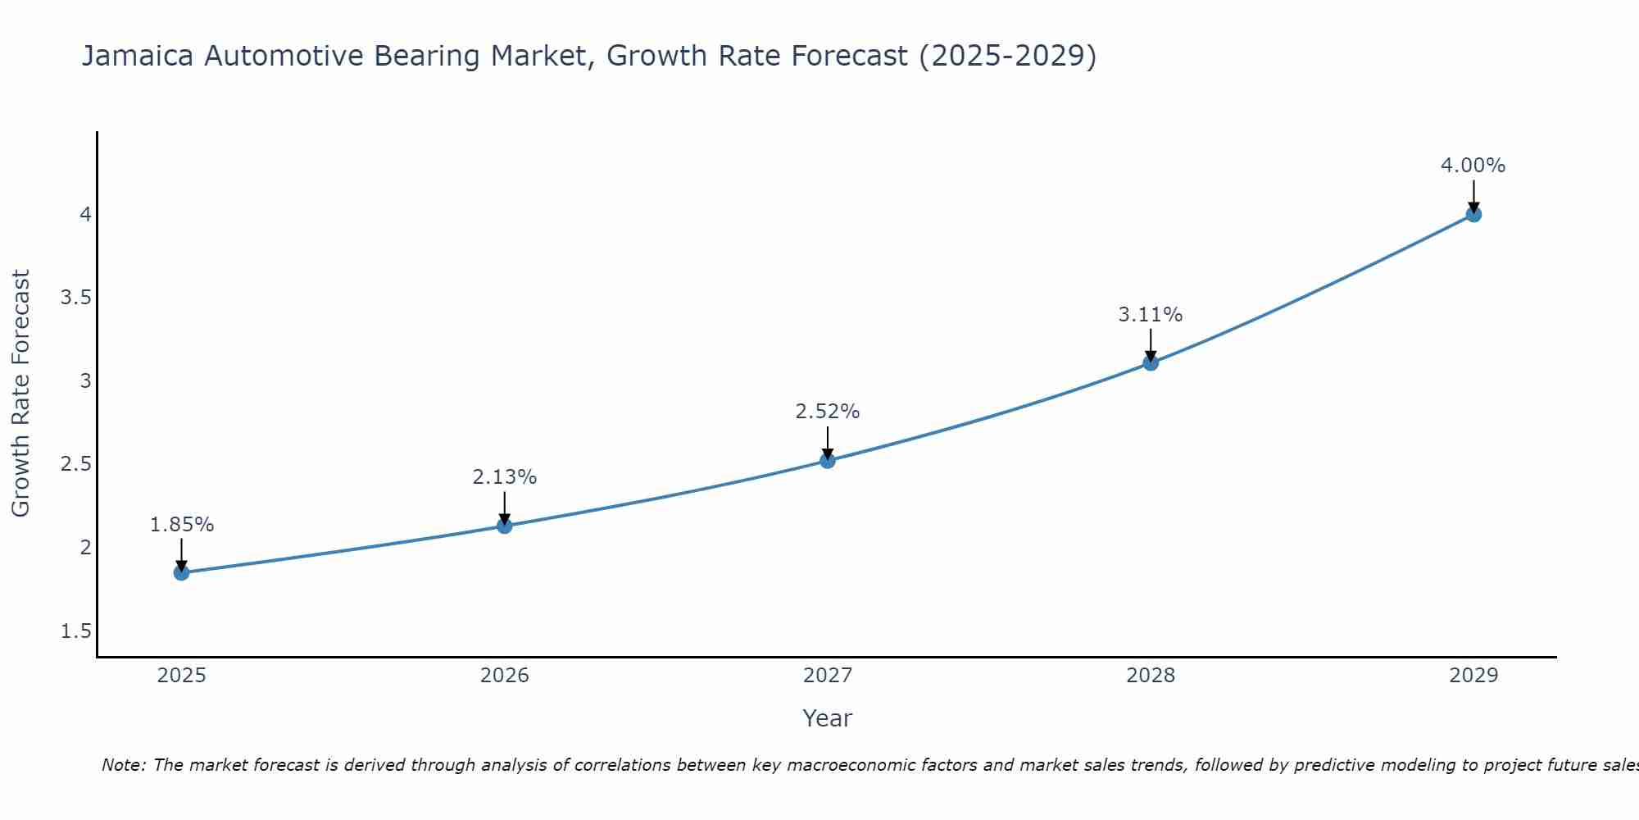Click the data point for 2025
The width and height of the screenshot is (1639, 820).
[181, 572]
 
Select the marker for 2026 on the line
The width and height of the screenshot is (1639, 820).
[505, 526]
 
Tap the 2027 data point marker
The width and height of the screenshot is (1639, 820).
[828, 461]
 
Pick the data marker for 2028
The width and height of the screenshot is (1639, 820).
[1151, 362]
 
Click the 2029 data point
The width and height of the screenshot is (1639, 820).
[1473, 215]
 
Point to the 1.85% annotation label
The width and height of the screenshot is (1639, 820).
[182, 525]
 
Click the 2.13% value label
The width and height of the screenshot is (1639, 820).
[505, 477]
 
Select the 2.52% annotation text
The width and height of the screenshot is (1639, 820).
[828, 412]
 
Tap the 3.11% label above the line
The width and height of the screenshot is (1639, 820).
[1151, 315]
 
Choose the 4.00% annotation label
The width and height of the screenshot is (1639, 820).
[1473, 166]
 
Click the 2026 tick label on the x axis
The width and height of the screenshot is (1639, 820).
[505, 676]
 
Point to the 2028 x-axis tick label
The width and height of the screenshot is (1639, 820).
[1151, 676]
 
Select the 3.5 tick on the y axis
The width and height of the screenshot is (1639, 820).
[75, 298]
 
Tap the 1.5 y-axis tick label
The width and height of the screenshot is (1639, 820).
[75, 631]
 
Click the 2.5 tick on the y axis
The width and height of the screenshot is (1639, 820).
[75, 465]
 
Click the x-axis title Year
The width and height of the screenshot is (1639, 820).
[828, 718]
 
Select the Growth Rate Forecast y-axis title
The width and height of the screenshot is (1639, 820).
[21, 394]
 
